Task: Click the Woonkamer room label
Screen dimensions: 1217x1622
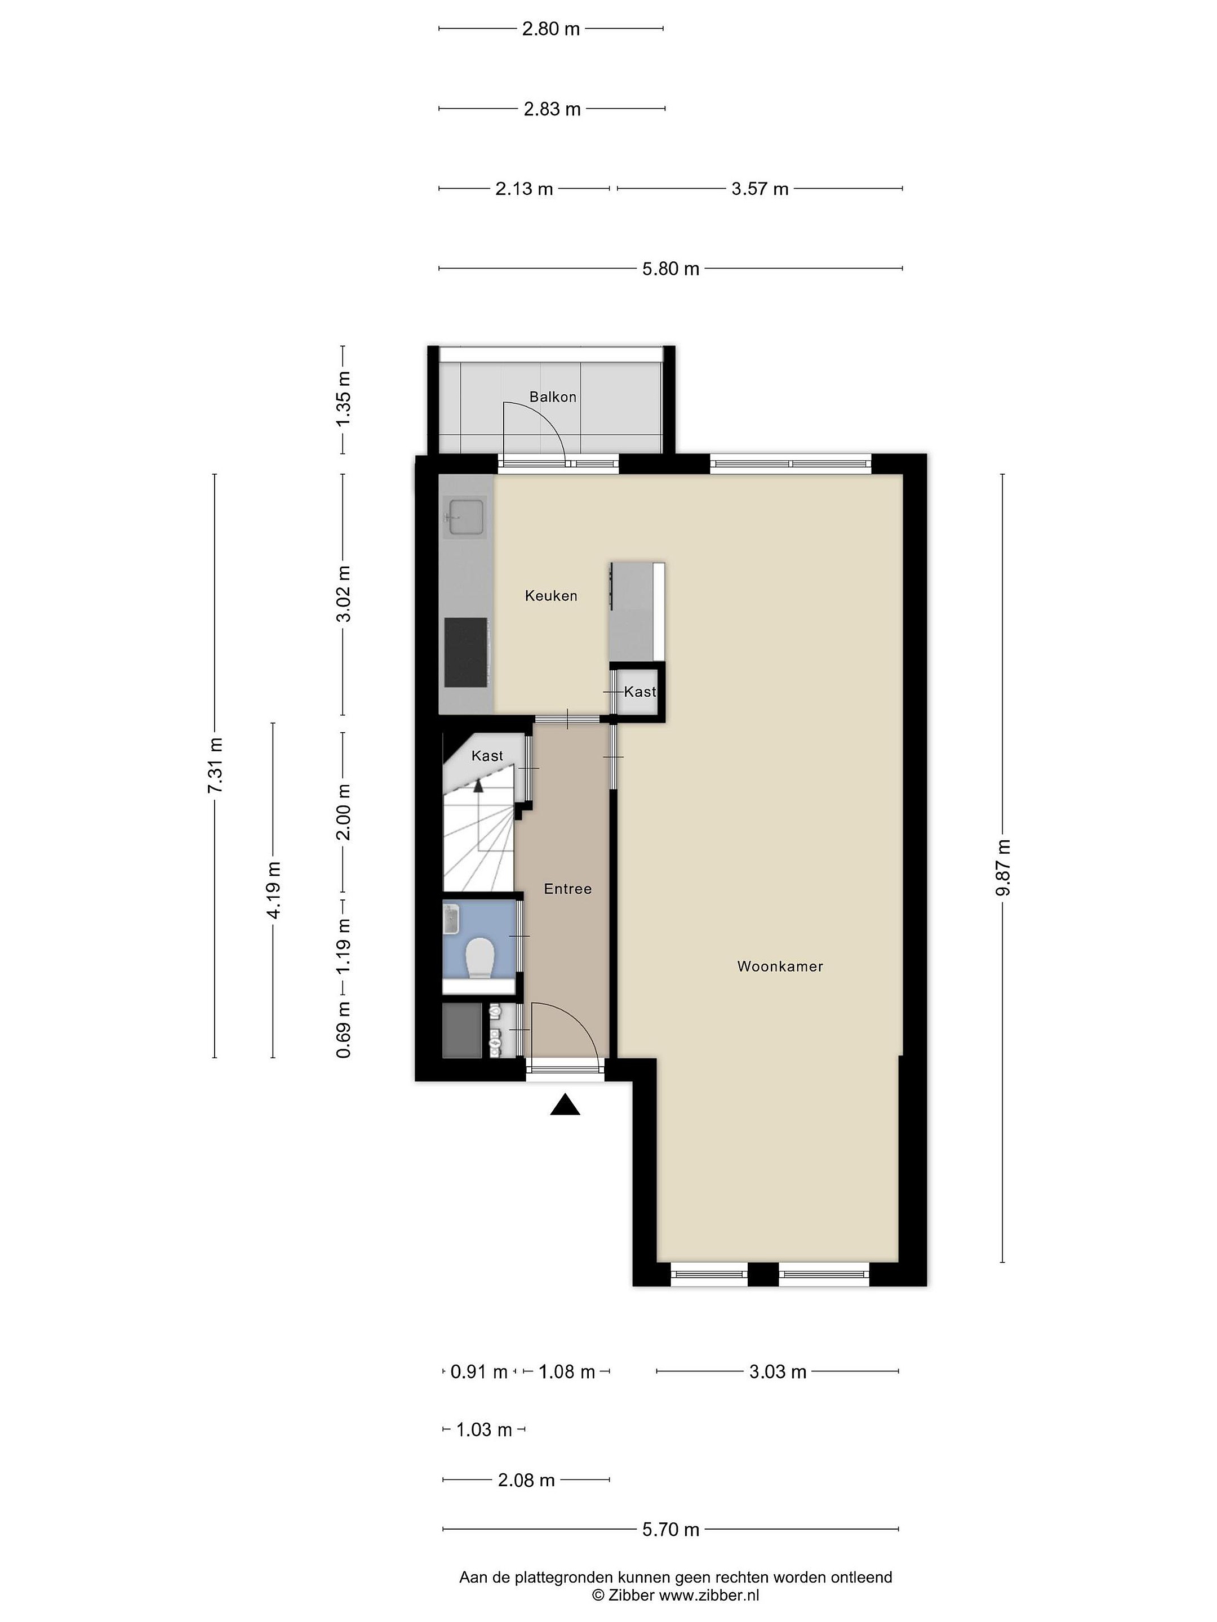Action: coord(780,966)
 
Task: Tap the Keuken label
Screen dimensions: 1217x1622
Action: coord(551,596)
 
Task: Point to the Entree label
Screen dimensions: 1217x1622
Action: coord(567,889)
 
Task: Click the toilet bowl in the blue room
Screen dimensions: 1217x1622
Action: coord(481,956)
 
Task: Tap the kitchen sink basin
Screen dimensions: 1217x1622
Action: coord(466,517)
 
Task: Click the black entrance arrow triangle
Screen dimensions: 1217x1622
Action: coord(565,1104)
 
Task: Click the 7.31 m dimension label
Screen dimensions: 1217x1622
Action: coord(215,765)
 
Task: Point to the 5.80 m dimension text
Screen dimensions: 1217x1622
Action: coord(670,269)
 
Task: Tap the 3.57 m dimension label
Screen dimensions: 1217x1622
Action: coord(760,189)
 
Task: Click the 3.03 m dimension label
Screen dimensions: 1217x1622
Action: coord(778,1371)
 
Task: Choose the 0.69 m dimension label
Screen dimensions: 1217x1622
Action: coord(343,1030)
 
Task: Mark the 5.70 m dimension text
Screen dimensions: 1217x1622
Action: coord(670,1530)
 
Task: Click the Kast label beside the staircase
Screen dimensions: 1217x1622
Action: coord(487,756)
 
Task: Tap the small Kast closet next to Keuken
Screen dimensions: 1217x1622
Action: coord(638,692)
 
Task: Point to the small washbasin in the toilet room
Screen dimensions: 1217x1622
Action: coord(450,919)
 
